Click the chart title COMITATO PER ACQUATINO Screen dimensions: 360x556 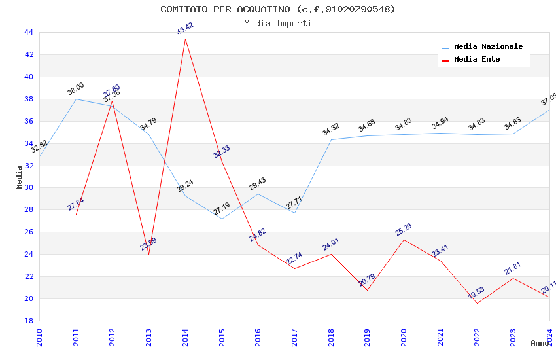pos(278,9)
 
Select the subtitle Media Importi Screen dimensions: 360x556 pos(278,24)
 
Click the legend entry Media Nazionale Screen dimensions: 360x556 pos(488,47)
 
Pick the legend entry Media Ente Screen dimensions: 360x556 pos(477,60)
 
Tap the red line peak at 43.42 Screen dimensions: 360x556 pos(185,39)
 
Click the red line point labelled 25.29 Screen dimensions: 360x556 pos(404,240)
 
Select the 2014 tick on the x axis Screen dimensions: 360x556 pos(185,336)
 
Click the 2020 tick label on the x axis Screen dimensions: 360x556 pos(404,336)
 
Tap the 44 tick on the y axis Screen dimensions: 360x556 pos(29,32)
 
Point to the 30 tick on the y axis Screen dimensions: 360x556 pos(29,188)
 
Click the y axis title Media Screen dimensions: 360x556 pos(20,177)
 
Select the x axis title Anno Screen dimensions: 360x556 pos(540,343)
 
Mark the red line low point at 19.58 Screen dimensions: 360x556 pos(477,303)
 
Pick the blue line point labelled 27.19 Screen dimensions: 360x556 pos(222,219)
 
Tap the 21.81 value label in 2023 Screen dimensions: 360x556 pos(513,268)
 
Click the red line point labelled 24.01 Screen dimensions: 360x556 pos(331,254)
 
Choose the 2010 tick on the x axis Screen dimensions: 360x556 pos(39,336)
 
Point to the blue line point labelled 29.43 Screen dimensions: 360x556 pos(258,194)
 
